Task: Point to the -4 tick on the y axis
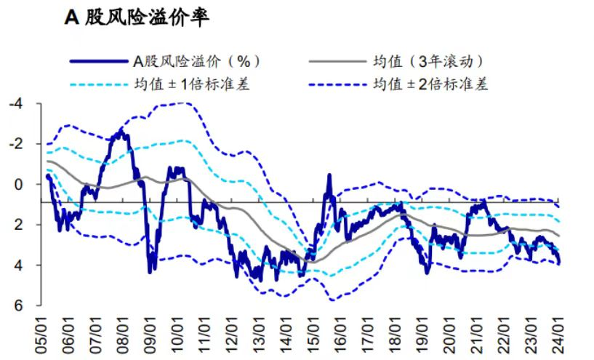click(16, 104)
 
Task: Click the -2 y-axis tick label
click(16, 144)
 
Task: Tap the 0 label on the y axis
click(20, 185)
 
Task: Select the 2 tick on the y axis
click(20, 225)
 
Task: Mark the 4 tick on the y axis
click(20, 265)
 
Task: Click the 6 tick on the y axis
click(20, 305)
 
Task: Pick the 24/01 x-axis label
click(558, 336)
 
